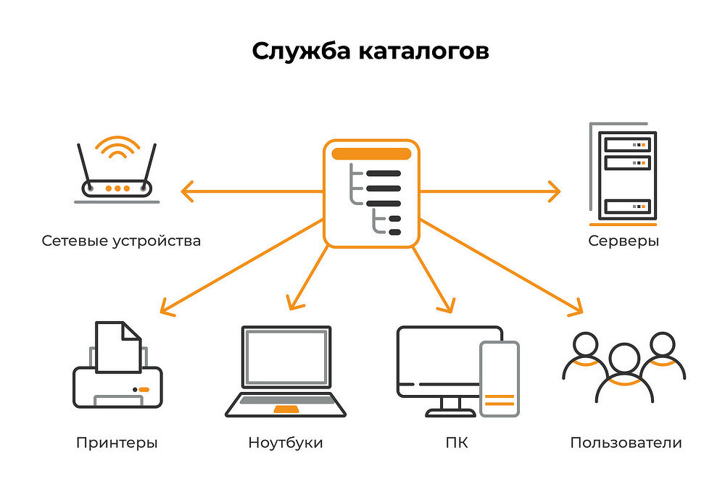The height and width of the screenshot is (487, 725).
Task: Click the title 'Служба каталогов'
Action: (370, 52)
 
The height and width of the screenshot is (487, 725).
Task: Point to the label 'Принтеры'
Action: (116, 442)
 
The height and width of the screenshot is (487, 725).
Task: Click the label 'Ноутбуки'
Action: (285, 442)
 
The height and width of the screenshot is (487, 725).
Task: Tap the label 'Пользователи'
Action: (626, 442)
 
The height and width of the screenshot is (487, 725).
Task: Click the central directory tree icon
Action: (371, 193)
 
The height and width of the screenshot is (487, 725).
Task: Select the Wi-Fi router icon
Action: (117, 178)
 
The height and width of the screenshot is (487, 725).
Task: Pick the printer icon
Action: (117, 373)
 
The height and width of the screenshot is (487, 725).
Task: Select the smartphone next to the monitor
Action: (500, 378)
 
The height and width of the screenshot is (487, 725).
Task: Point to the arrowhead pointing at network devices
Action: (186, 192)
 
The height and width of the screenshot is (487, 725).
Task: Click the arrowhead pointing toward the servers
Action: (555, 192)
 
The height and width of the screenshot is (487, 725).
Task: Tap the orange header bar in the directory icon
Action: (371, 154)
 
